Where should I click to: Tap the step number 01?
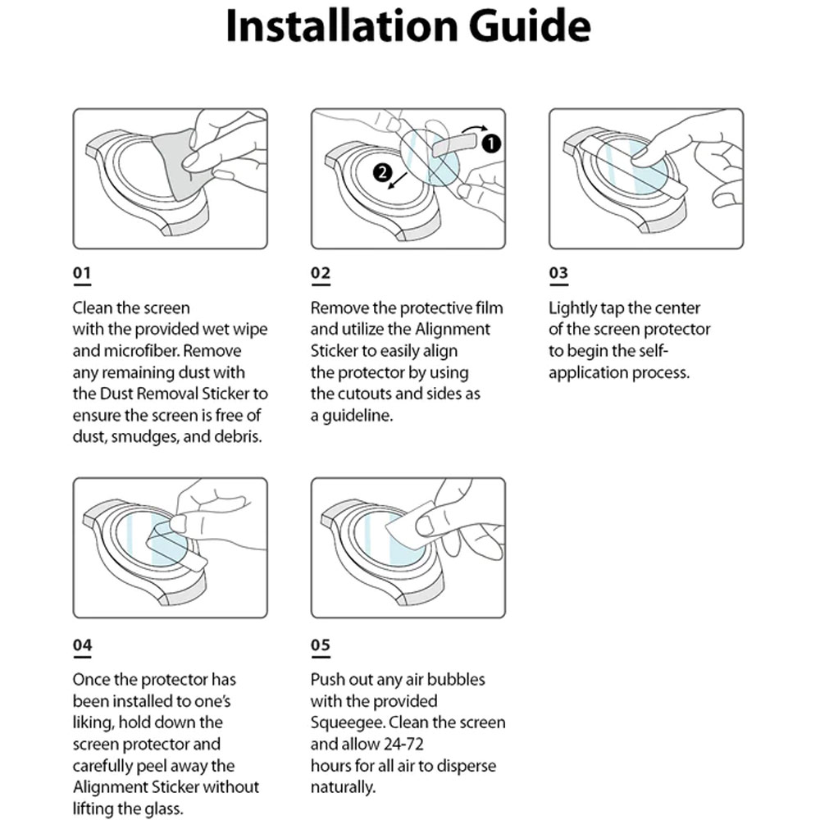tap(82, 273)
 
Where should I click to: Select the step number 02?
tap(320, 273)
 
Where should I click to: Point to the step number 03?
tap(558, 273)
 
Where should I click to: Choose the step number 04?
tap(82, 645)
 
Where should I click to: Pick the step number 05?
tap(320, 645)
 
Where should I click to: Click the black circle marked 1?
tap(490, 143)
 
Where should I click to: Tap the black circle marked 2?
tap(380, 171)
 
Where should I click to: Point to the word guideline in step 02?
tap(358, 415)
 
